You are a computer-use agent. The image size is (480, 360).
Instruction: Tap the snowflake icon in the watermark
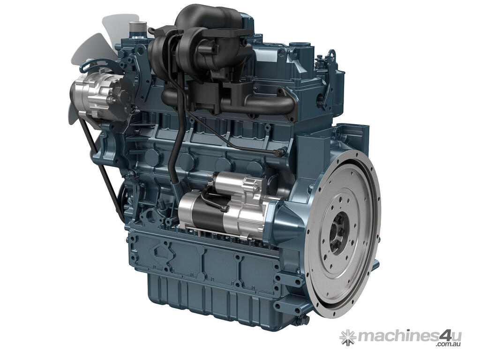[x=348, y=337]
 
